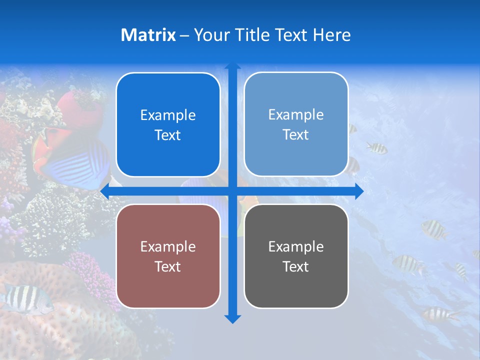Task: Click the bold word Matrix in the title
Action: pyautogui.click(x=148, y=35)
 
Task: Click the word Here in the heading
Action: pyautogui.click(x=331, y=35)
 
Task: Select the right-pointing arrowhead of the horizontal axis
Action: pyautogui.click(x=358, y=191)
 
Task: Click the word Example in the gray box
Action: pyautogui.click(x=296, y=246)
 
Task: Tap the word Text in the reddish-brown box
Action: pyautogui.click(x=167, y=266)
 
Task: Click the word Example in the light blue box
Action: pyautogui.click(x=296, y=114)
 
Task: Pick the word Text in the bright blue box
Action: pyautogui.click(x=167, y=135)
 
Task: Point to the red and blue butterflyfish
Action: pyautogui.click(x=70, y=157)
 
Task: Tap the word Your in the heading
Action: pyautogui.click(x=212, y=35)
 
